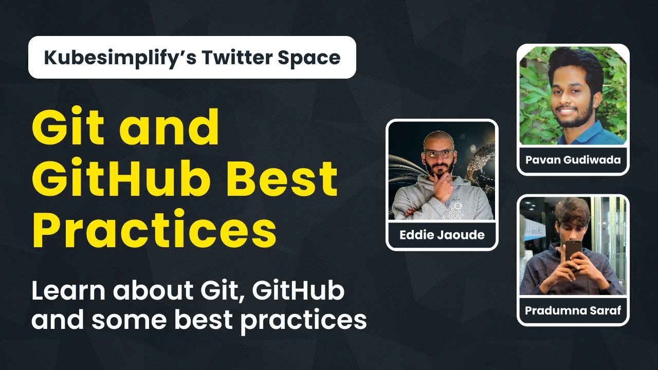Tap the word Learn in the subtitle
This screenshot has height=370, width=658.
(69, 291)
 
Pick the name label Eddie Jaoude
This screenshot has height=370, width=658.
(442, 236)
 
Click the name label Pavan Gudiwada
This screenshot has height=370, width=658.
(573, 160)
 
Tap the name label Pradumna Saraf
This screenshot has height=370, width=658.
(573, 310)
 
